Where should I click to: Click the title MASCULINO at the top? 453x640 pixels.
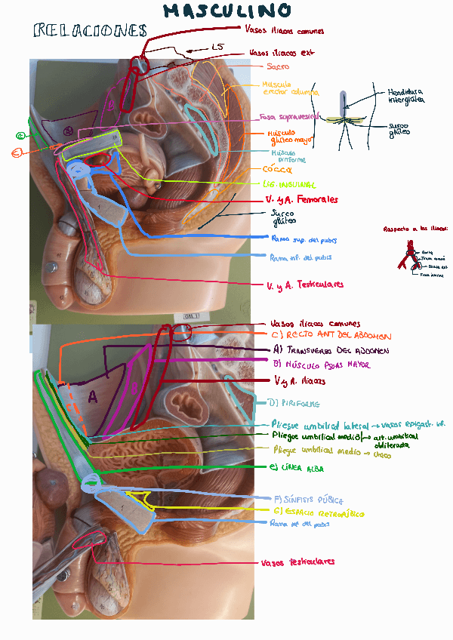(x=227, y=11)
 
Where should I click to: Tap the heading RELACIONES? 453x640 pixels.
(x=90, y=31)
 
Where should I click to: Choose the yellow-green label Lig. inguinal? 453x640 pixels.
(x=289, y=184)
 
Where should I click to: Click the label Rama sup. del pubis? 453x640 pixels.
(x=303, y=239)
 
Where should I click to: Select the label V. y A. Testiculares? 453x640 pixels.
(x=305, y=285)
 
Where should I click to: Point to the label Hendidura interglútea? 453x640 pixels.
(x=405, y=95)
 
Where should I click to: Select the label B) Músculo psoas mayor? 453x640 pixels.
(x=323, y=365)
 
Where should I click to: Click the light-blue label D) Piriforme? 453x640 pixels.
(x=294, y=403)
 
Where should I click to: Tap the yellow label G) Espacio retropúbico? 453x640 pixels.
(x=317, y=512)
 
